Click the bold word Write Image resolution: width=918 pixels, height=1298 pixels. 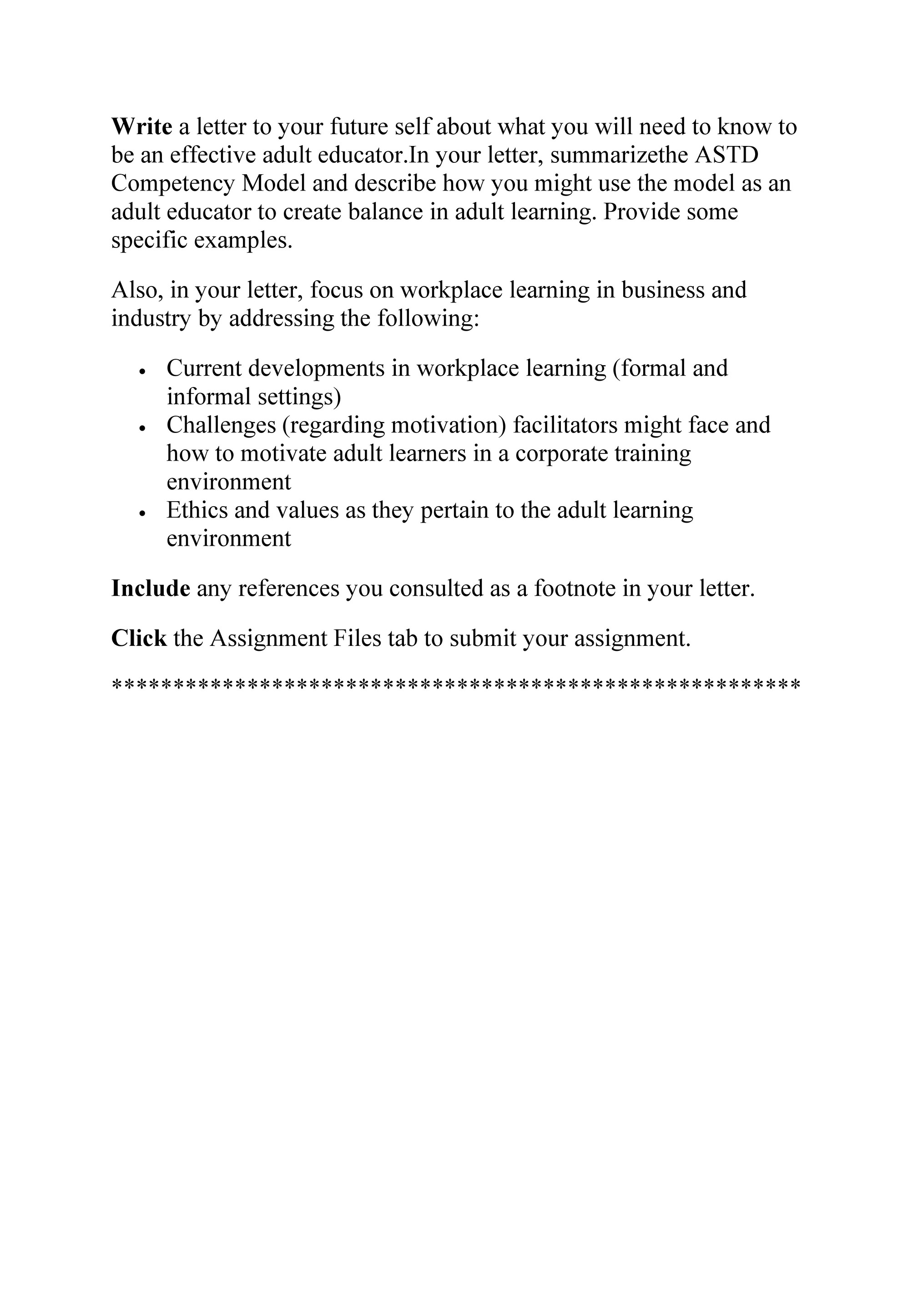click(141, 126)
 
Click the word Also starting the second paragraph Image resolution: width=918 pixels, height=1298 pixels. click(137, 290)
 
